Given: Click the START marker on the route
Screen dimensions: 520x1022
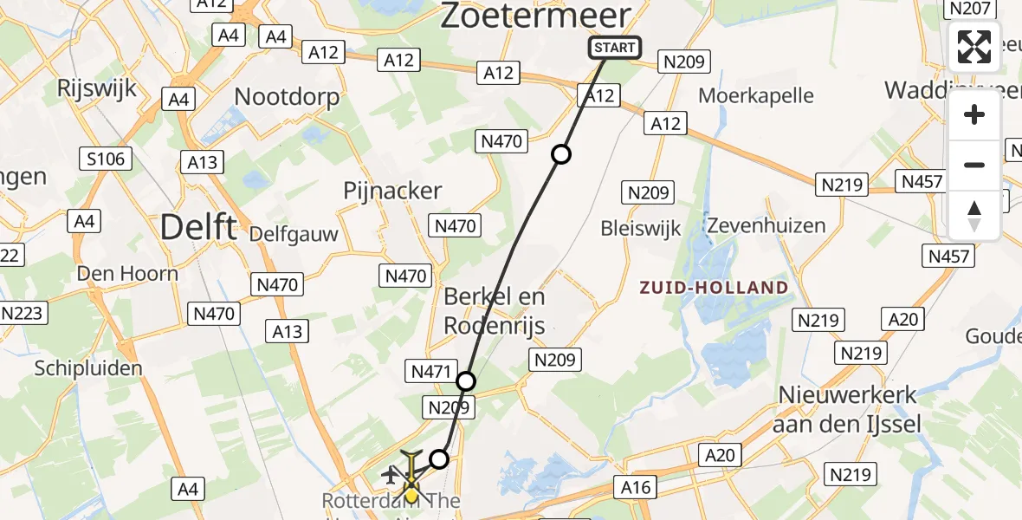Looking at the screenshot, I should pyautogui.click(x=615, y=48).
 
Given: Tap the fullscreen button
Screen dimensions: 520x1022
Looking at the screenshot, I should pyautogui.click(x=974, y=47).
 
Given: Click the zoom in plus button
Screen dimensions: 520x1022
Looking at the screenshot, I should pyautogui.click(x=974, y=114).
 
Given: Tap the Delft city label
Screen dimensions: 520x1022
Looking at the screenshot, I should pyautogui.click(x=198, y=227).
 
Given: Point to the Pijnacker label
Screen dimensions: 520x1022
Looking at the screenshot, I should pyautogui.click(x=392, y=191).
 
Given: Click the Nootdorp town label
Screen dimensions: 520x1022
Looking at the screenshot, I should pyautogui.click(x=287, y=95).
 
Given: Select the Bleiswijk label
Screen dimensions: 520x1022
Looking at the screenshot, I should pyautogui.click(x=641, y=228).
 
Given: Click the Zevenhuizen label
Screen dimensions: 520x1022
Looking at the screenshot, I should pyautogui.click(x=766, y=225).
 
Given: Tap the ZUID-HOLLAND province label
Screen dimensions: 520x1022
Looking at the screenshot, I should pyautogui.click(x=715, y=288).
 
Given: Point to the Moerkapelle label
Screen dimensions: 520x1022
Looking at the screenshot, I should pyautogui.click(x=756, y=94).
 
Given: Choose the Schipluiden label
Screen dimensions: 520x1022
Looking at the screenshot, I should pyautogui.click(x=88, y=368).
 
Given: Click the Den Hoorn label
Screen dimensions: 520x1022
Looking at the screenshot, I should pyautogui.click(x=127, y=274).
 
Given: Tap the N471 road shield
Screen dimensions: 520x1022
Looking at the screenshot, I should pyautogui.click(x=429, y=373).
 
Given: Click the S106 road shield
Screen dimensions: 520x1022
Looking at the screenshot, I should pyautogui.click(x=106, y=159).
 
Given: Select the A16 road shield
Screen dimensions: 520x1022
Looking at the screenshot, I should pyautogui.click(x=636, y=487).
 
